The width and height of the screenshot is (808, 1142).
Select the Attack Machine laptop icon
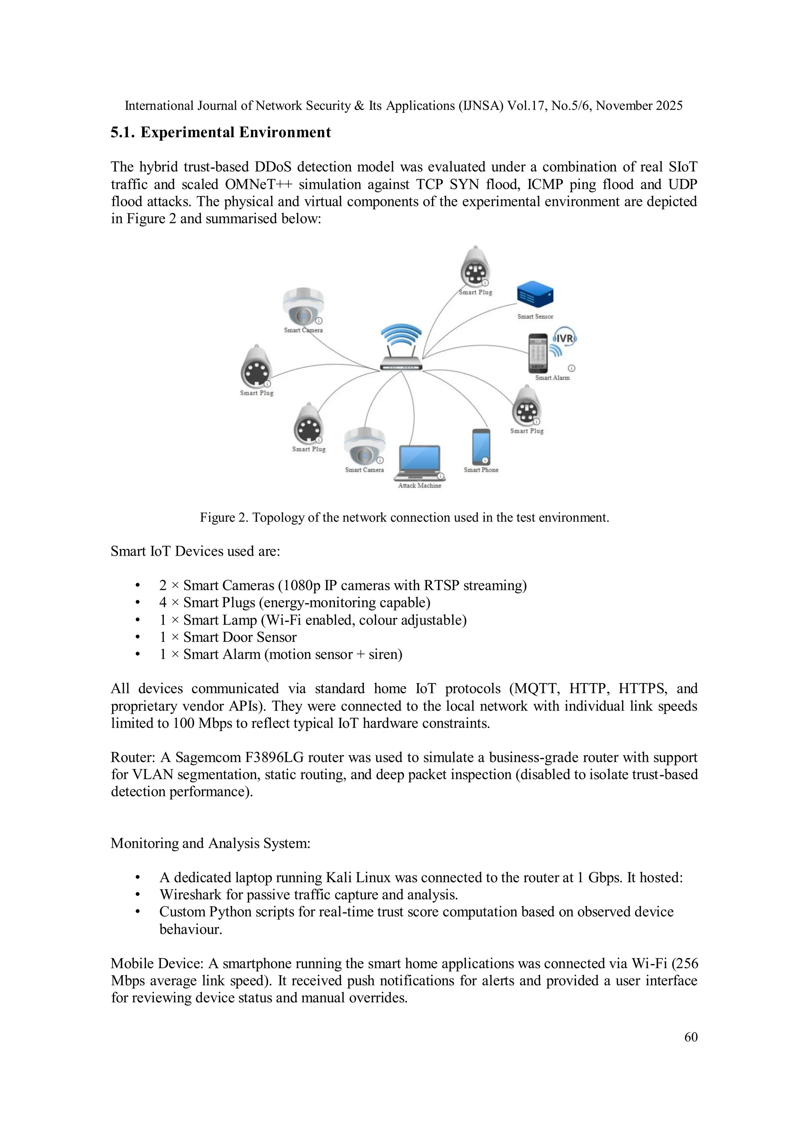[419, 463]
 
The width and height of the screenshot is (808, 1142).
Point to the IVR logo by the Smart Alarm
[565, 339]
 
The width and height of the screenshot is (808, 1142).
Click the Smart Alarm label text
[552, 377]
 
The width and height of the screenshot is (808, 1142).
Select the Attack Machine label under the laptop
[419, 485]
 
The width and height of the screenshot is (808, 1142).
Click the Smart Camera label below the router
[364, 470]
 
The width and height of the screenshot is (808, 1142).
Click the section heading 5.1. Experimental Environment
[221, 132]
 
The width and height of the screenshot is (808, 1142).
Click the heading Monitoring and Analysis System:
[210, 843]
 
